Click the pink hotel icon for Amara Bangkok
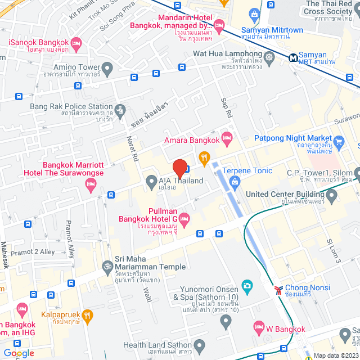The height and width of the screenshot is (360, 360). [x=227, y=137]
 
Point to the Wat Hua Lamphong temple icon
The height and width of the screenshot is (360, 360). [x=269, y=57]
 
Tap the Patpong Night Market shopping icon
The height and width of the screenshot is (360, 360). [x=339, y=141]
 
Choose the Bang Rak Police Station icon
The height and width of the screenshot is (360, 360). [x=119, y=109]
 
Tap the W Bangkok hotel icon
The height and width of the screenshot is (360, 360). [x=259, y=326]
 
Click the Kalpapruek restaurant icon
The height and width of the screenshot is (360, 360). [x=87, y=316]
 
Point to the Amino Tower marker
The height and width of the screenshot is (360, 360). [x=108, y=69]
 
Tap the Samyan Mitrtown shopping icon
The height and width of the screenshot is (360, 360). [x=254, y=15]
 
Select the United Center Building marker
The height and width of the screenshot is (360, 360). [x=331, y=196]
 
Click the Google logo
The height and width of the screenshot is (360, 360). [x=19, y=353]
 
